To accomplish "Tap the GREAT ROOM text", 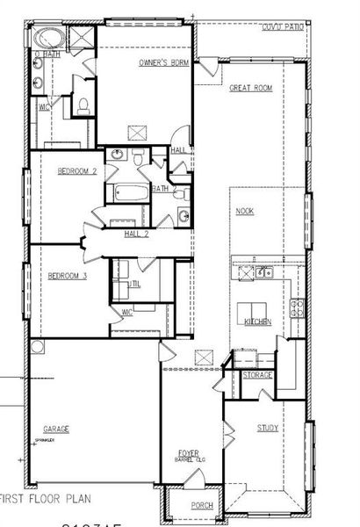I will pyautogui.click(x=250, y=89).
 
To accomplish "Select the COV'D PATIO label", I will pyautogui.click(x=283, y=28).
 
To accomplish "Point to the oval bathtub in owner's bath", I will pyautogui.click(x=45, y=39).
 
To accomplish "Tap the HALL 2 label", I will pyautogui.click(x=136, y=234).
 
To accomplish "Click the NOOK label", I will pyautogui.click(x=244, y=212).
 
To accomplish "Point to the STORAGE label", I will pyautogui.click(x=257, y=375).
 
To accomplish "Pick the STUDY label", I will pyautogui.click(x=268, y=428).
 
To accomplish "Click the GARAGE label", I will pyautogui.click(x=56, y=429).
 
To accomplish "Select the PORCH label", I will pyautogui.click(x=202, y=505).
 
